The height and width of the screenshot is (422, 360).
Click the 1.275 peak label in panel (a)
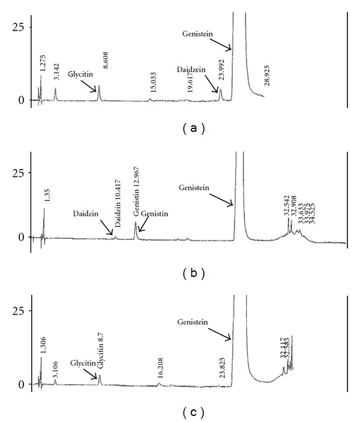click(x=43, y=63)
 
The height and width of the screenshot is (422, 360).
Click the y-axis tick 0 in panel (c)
click(x=20, y=384)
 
